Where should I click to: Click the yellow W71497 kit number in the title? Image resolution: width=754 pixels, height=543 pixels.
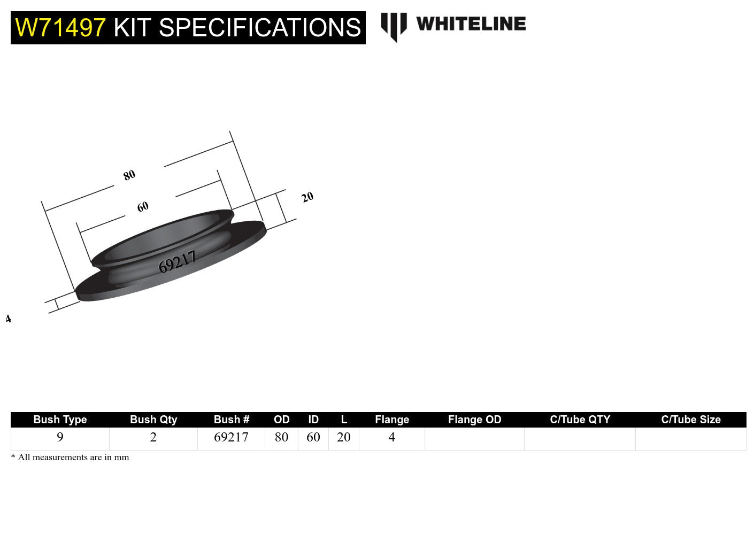coord(60,28)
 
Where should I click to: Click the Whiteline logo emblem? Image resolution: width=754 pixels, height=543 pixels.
coord(394,26)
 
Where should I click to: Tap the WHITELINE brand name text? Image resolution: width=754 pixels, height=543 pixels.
coord(471,24)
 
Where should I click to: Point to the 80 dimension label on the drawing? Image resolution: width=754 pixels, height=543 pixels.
coord(129,175)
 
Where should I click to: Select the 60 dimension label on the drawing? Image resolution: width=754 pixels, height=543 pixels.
coord(142,207)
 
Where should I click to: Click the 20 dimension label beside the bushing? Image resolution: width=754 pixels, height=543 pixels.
coord(307,197)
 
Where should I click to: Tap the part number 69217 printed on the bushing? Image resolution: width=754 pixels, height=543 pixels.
coord(177,262)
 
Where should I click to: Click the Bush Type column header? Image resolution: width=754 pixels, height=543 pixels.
coord(60,420)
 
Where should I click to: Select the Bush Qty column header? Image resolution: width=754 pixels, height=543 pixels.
coord(153,420)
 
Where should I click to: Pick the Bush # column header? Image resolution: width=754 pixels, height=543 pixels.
coord(232,420)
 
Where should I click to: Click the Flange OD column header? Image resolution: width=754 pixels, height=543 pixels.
coord(474,420)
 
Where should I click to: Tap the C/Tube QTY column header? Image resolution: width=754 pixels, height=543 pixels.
coord(580,420)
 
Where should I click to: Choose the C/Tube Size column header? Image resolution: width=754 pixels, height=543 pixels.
coord(690,420)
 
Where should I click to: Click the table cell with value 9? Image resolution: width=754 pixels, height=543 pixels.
coord(60,438)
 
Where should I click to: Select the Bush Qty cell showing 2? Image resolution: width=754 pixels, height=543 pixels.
coord(153,438)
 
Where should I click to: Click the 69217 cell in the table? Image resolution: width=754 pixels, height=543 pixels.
coord(231,438)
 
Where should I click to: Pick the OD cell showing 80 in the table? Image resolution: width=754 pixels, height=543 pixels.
coord(281,438)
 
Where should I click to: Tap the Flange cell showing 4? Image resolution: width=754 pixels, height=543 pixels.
coord(391,438)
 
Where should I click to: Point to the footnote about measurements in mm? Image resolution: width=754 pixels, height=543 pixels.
coord(70,457)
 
